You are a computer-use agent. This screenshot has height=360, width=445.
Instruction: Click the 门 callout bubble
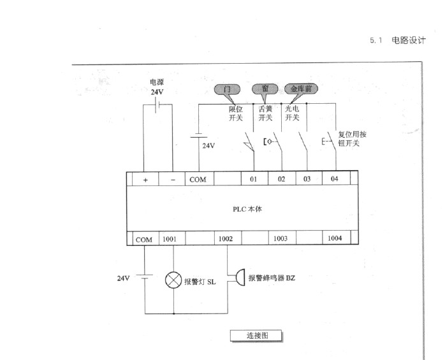[227, 89]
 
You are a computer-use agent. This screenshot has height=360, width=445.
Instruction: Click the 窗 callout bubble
[264, 89]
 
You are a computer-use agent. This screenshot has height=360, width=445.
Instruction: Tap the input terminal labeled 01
[254, 180]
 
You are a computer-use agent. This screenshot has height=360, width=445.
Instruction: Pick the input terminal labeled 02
[281, 180]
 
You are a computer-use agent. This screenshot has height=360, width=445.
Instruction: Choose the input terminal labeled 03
[307, 180]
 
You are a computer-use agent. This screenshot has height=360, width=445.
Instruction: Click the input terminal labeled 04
[335, 180]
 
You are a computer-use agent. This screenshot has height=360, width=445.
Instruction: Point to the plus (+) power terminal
[145, 180]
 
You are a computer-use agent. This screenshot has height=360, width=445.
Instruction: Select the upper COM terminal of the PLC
[198, 180]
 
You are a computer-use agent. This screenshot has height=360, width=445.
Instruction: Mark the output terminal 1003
[281, 239]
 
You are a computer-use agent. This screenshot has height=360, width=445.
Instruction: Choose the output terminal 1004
[335, 239]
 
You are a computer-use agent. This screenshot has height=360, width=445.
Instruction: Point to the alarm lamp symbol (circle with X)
[174, 280]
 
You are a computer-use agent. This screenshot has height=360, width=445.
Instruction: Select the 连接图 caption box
[255, 335]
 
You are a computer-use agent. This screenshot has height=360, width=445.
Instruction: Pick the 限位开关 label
[236, 113]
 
